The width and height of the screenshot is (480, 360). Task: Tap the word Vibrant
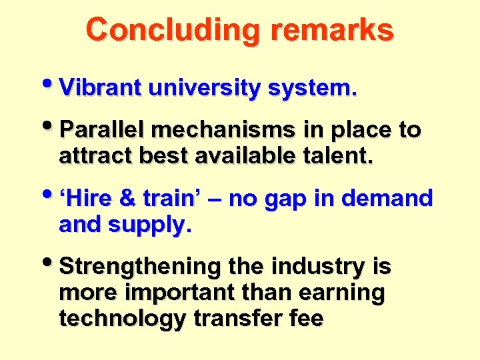point(100,88)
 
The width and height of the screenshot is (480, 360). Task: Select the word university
point(204,89)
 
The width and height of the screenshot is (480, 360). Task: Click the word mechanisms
point(232,130)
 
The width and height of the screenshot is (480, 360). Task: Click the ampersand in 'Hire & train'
point(127,199)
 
